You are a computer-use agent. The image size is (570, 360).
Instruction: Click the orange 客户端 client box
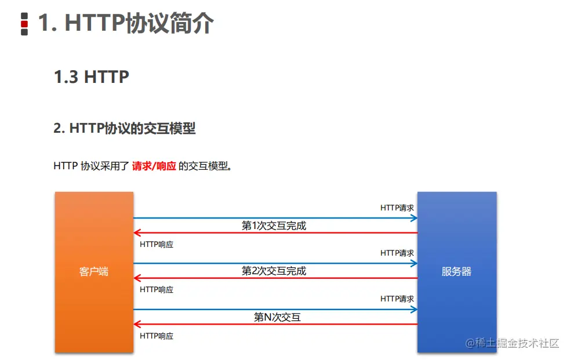point(94,272)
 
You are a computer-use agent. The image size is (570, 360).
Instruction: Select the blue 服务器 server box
point(457,272)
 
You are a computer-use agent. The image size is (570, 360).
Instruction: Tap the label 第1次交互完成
point(274,226)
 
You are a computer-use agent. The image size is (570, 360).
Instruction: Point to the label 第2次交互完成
point(274,271)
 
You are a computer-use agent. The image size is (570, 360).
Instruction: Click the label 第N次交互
point(277,317)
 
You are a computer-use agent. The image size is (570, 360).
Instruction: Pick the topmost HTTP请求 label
point(397,208)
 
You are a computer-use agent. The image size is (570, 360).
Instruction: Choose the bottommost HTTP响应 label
point(157,336)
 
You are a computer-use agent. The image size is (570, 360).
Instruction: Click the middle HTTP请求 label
point(397,253)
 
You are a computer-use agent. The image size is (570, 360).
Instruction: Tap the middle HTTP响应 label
point(157,289)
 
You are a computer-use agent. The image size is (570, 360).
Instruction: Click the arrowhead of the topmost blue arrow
point(414,218)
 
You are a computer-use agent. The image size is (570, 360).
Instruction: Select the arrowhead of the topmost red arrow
point(137,232)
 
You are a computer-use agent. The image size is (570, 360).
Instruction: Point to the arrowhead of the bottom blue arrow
point(414,310)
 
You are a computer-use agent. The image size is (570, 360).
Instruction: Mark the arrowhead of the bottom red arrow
point(137,324)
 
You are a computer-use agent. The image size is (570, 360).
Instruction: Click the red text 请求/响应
point(154,166)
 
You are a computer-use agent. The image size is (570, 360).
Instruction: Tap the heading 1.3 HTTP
point(91,77)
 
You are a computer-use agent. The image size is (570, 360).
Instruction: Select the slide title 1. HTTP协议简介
point(126,23)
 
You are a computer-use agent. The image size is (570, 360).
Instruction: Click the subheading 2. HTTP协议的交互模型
point(124,128)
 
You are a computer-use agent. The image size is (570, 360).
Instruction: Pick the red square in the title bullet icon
point(24,24)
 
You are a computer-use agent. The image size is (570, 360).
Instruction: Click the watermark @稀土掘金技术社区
point(512,343)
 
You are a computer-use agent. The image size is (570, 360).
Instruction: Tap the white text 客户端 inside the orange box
point(94,271)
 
